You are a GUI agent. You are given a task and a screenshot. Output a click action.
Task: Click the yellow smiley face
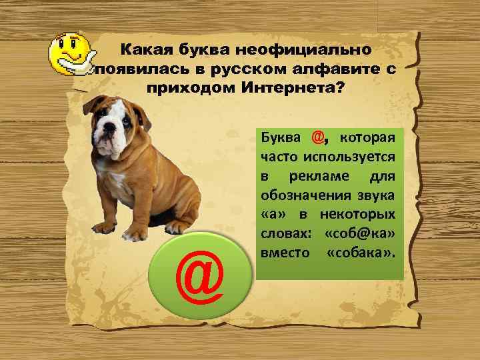click(x=70, y=48)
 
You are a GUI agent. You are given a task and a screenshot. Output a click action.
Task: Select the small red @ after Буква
click(x=318, y=138)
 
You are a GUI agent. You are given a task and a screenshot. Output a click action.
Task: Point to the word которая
click(x=367, y=139)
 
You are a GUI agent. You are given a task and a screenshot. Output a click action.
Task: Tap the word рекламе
click(x=316, y=177)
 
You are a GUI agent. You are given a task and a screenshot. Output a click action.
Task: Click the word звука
click(x=374, y=196)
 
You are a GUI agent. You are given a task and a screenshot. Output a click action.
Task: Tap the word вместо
click(x=282, y=254)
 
